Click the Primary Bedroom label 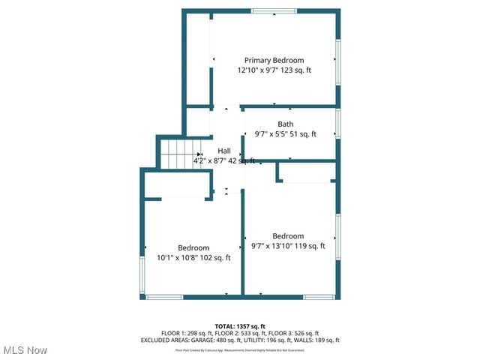[274, 60]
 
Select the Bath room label [285, 124]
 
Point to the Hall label [224, 151]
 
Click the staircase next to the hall [180, 154]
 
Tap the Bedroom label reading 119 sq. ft [288, 235]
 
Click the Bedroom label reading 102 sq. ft [193, 247]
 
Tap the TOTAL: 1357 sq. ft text [240, 326]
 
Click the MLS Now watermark [25, 350]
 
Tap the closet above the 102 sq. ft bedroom [176, 184]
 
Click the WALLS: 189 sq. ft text [318, 340]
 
